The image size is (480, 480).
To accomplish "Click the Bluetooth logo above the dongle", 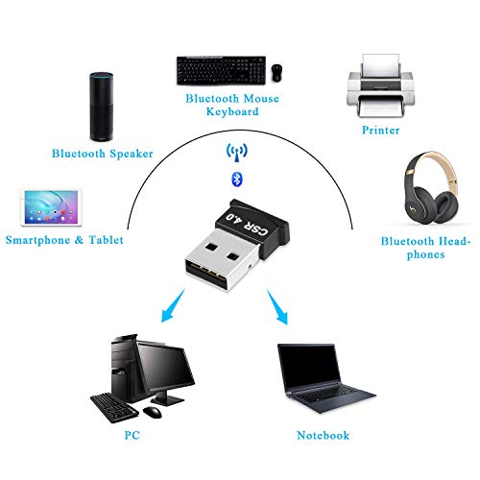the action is point(237,179).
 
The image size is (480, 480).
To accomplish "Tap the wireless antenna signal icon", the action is point(237,153).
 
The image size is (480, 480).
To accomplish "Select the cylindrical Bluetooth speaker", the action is point(102,107).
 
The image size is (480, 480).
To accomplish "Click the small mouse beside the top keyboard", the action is point(276,73).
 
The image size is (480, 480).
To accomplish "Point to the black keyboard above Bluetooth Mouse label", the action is point(221,70).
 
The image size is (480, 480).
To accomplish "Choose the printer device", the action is point(380,85).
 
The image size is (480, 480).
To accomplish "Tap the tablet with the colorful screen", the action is point(51,207).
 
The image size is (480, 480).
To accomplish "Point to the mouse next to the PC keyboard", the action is point(153,412).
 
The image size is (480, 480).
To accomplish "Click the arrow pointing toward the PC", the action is point(173,306).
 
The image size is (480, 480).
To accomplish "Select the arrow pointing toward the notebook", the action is point(277,307).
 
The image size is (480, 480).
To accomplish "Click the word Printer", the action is point(380,131).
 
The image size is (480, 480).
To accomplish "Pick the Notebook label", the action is point(323,435).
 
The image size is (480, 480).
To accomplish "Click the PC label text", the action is point(132,435).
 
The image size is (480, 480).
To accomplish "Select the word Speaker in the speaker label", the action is point(132,154).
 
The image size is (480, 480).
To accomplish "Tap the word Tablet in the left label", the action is point(106,240).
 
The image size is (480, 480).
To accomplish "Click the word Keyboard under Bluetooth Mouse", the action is point(232,111).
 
